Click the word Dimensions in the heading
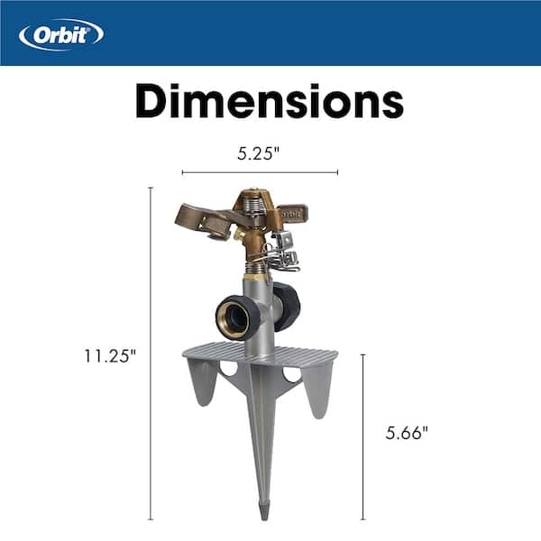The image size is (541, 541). pyautogui.click(x=270, y=102)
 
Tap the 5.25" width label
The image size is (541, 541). pyautogui.click(x=259, y=153)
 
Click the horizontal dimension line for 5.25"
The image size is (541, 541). pyautogui.click(x=260, y=172)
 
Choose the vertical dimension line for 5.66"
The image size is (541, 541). pyautogui.click(x=363, y=436)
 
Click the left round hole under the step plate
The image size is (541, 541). pyautogui.click(x=230, y=370)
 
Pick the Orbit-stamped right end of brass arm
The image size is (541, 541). pyautogui.click(x=290, y=215)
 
